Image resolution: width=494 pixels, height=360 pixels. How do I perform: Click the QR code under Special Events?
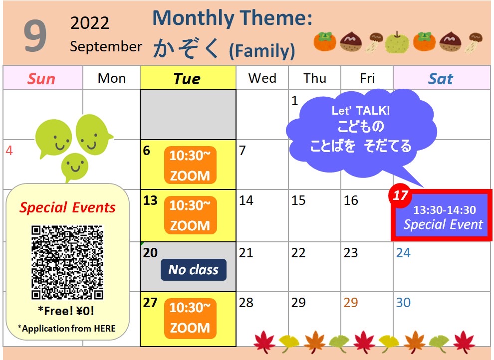point(67,262)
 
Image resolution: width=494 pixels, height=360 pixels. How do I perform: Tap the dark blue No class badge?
point(194,270)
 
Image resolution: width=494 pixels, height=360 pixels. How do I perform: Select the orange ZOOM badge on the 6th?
point(190,165)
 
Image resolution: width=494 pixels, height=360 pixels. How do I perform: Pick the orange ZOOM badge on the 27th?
point(190,318)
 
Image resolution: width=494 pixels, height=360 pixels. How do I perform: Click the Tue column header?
point(187,78)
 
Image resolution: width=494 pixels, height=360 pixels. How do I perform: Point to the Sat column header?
point(441,78)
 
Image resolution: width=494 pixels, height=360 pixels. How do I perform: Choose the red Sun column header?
point(41,78)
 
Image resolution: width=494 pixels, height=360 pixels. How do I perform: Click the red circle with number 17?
point(400,195)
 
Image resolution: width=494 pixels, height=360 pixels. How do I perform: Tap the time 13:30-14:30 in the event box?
point(445,210)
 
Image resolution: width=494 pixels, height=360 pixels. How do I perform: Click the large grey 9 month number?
point(35,35)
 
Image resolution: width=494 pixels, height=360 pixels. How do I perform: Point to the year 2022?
point(90,23)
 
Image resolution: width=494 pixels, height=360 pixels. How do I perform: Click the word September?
point(106,46)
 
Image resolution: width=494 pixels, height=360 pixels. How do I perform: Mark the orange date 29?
point(351,303)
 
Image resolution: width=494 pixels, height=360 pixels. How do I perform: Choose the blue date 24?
point(403,253)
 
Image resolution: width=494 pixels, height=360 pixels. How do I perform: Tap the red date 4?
point(9,151)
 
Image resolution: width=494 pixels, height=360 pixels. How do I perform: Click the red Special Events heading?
point(67,208)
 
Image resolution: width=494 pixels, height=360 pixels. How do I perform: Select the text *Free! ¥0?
point(66,311)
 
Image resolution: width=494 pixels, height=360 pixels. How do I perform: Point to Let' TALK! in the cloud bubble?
point(361,111)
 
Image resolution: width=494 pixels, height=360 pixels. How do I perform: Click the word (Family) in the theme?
point(262,51)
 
